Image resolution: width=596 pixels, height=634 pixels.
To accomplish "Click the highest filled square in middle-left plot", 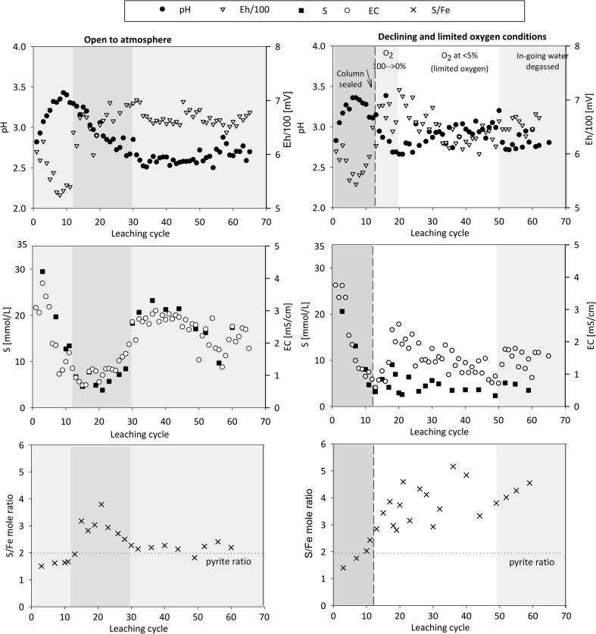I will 42,271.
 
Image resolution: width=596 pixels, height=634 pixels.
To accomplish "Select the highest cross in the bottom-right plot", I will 453,466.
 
